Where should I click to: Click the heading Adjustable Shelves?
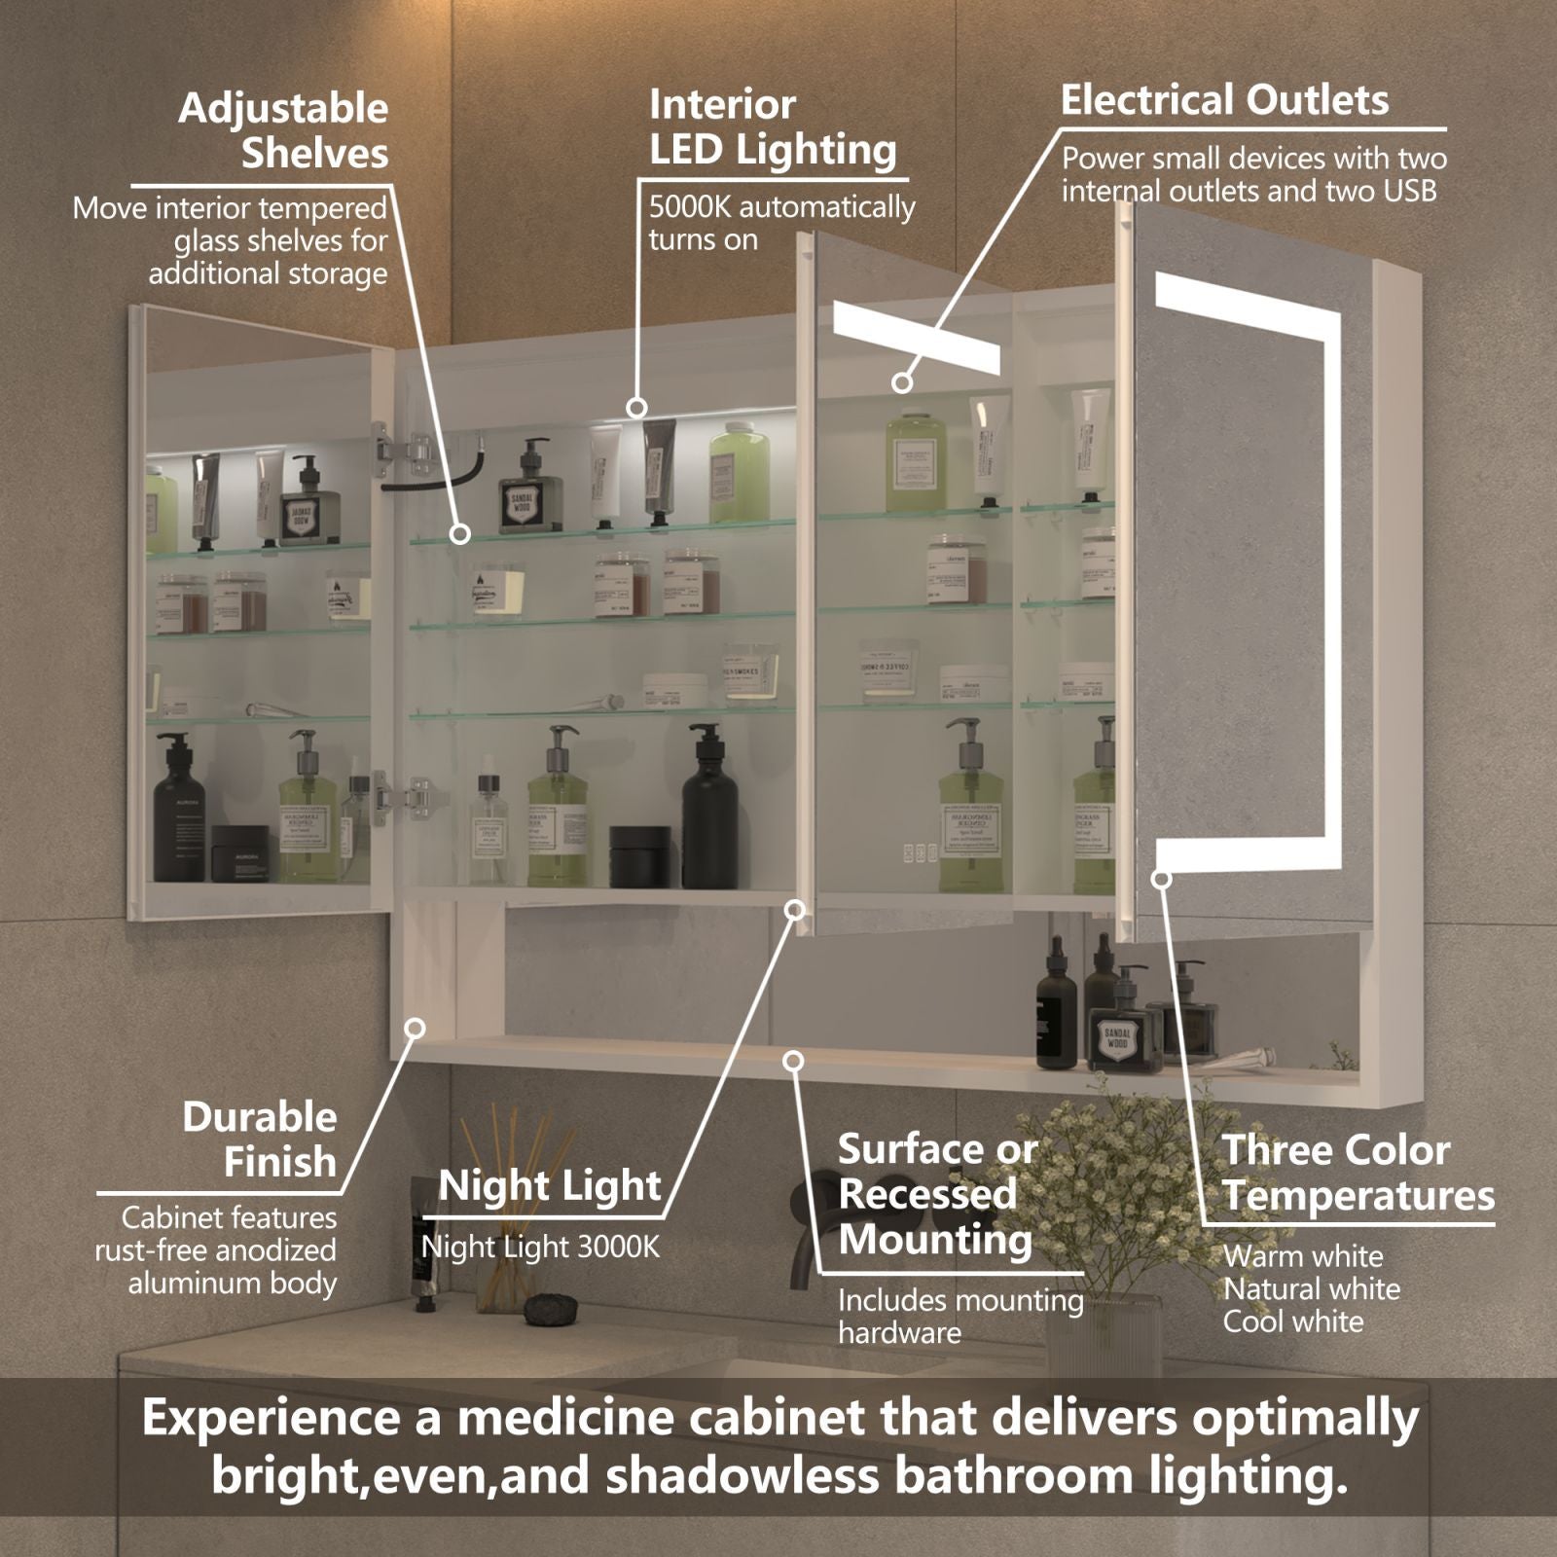coord(282,130)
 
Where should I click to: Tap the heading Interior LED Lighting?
coord(772,127)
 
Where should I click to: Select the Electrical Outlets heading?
coord(1224,100)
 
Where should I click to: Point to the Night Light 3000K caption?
coord(540,1247)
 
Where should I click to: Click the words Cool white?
coord(1292,1322)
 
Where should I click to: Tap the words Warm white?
coord(1302,1256)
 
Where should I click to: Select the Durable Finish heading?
coord(260,1139)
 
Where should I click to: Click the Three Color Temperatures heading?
coord(1358,1173)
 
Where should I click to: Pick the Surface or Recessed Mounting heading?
coord(936,1194)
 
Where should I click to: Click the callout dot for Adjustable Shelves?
coord(460,533)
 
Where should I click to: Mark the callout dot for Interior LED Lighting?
coord(636,407)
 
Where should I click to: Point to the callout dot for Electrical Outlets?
coord(902,382)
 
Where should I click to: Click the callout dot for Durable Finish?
coord(416,1029)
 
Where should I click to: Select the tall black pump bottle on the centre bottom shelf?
coord(704,808)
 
